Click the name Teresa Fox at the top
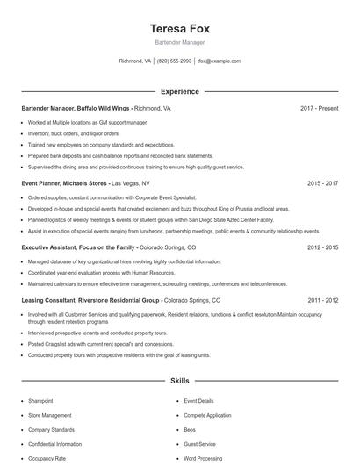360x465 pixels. coord(179,28)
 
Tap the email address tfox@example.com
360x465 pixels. coord(219,61)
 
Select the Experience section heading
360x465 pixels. coord(179,91)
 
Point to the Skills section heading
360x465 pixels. coord(179,382)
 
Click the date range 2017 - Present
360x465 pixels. coord(319,108)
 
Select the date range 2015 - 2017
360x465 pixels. coord(322,183)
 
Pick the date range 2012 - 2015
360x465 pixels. coord(322,247)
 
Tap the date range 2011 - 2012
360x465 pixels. coord(322,300)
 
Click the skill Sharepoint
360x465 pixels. coord(41,401)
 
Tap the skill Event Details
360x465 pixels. coord(198,401)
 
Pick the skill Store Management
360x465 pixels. coord(49,415)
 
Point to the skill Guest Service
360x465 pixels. coord(199,444)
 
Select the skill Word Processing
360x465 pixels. coord(203,458)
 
